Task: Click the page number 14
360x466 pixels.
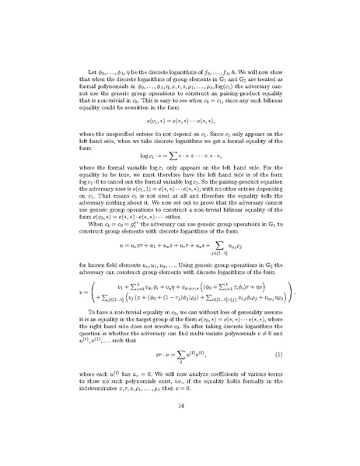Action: pos(180,427)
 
